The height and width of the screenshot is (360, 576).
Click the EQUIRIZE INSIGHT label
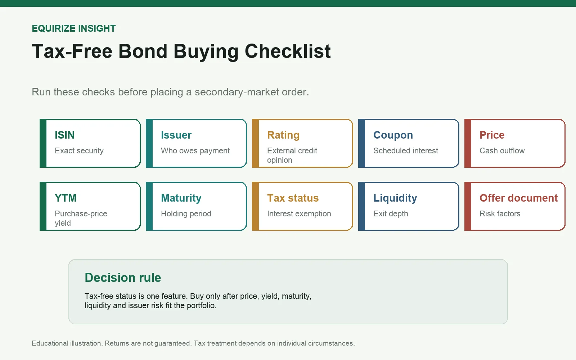(74, 28)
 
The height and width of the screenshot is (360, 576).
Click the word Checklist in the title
(288, 51)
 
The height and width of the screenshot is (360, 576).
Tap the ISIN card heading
(64, 135)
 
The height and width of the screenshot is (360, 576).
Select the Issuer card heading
(176, 135)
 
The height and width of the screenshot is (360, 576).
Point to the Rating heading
(283, 135)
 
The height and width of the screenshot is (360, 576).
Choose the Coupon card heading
(393, 135)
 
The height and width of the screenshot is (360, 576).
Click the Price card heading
(492, 135)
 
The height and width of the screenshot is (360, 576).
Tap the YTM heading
(66, 198)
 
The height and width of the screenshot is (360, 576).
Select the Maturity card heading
(181, 198)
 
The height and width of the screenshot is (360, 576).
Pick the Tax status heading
(293, 198)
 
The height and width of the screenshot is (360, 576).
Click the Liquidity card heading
(395, 198)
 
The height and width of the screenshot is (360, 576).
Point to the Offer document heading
(518, 198)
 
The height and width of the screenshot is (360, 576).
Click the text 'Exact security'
(79, 151)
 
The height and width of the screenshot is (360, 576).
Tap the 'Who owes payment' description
(195, 151)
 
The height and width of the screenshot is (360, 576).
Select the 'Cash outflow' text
(502, 150)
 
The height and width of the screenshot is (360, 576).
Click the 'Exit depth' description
(391, 214)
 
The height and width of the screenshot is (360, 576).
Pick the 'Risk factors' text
(500, 213)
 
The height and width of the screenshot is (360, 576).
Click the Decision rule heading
(123, 278)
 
